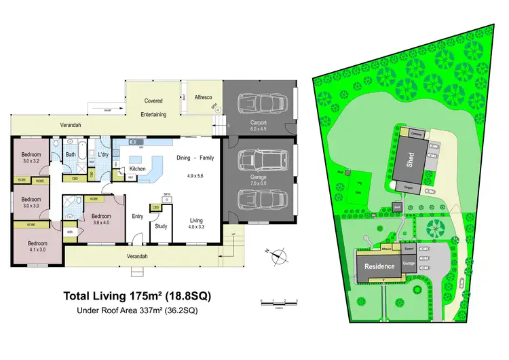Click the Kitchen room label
138,168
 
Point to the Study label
161,226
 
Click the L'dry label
103,155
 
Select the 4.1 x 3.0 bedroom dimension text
38,250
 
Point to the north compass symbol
278,257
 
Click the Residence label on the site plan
379,266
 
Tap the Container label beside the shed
418,133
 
